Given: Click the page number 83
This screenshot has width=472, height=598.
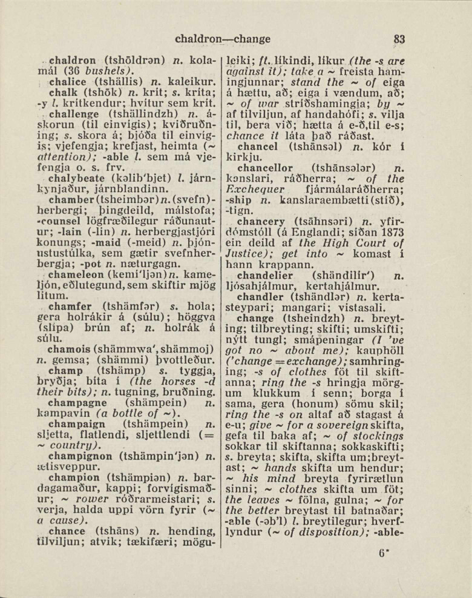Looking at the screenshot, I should click(x=398, y=39).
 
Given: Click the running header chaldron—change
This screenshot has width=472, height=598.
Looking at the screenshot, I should click(x=223, y=39).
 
